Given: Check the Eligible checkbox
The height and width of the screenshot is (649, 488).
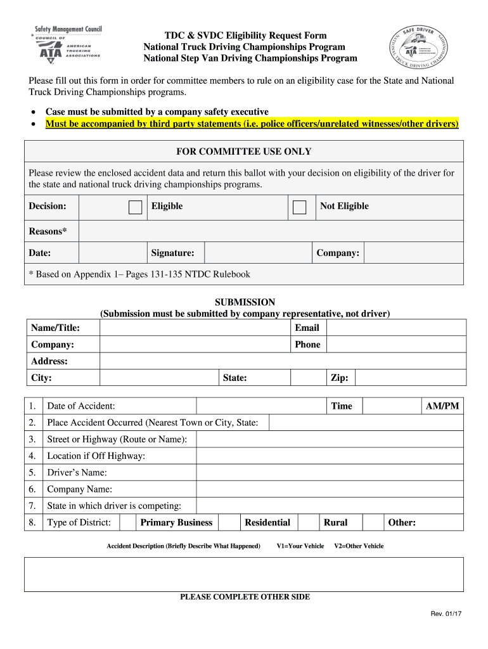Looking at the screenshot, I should coord(135,207).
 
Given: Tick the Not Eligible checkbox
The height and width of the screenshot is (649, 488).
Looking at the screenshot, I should coord(299,207).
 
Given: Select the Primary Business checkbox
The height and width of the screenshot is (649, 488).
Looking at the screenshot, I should coord(128,522).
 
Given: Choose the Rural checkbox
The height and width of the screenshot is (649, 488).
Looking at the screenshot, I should coord(309,522).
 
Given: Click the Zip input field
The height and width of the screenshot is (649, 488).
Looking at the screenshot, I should coord(410,378).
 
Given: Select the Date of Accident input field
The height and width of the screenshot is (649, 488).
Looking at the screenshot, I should coord(262,406).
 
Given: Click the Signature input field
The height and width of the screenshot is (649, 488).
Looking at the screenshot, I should coord(257,253).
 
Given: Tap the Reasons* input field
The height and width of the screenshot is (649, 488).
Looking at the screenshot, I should coord(271,231).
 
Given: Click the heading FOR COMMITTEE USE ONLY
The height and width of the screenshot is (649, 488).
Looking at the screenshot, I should coord(243,151).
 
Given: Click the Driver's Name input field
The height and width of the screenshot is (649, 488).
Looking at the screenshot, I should coord(330,473).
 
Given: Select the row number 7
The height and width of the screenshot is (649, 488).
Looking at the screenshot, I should coord(32,506).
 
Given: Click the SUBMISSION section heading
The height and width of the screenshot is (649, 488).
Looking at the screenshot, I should coord(245,302).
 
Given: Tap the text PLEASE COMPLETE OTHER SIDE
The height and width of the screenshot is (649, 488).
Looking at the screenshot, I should coord(245,597).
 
